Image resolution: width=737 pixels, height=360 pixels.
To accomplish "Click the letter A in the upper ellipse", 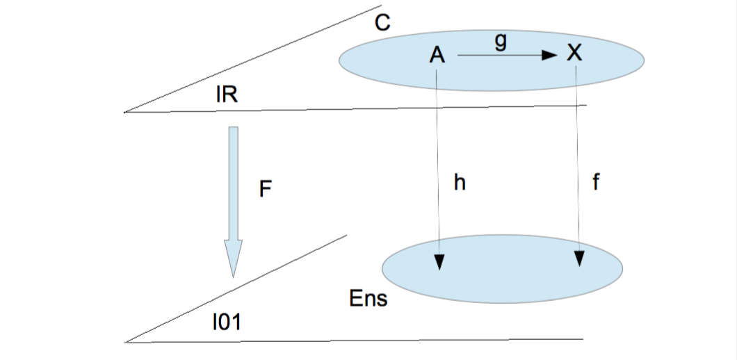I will point(437,55).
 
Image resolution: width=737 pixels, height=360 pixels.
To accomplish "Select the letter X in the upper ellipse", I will point(574,53).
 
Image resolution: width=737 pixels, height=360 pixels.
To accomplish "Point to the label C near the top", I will point(382,22).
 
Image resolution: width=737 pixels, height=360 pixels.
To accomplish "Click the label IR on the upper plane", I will point(227,96).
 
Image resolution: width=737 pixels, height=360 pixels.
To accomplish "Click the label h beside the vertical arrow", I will point(460,183).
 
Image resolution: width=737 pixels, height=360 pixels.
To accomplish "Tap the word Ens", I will point(368,300).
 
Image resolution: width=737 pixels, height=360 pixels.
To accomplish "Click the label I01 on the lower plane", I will point(227,322).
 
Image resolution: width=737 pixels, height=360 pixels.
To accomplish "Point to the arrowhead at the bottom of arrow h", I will point(439,261).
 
